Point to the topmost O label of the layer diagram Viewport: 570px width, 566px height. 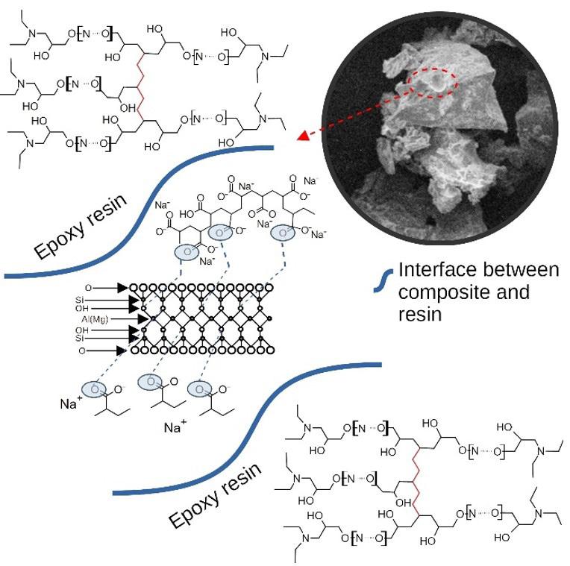(x=88, y=287)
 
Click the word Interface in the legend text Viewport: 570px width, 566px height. (x=433, y=270)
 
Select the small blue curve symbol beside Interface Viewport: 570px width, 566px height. (x=383, y=280)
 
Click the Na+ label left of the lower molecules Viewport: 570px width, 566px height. (x=72, y=403)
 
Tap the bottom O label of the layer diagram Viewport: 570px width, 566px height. (x=88, y=349)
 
